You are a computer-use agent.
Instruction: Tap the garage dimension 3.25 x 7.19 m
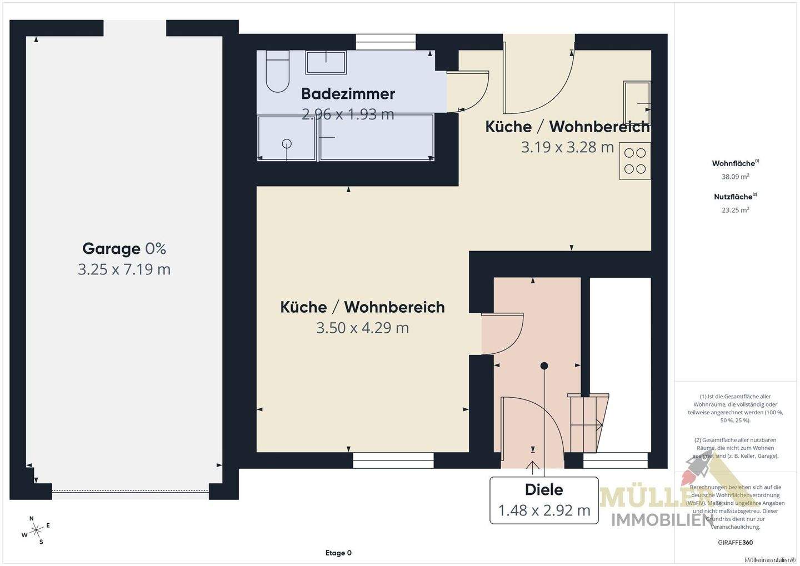pyautogui.click(x=124, y=269)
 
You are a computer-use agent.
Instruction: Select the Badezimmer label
pyautogui.click(x=348, y=93)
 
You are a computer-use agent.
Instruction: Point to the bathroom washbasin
pyautogui.click(x=326, y=63)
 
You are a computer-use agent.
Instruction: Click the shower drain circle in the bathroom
pyautogui.click(x=287, y=143)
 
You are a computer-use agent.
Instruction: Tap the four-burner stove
pyautogui.click(x=635, y=161)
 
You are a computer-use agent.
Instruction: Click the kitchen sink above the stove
pyautogui.click(x=637, y=103)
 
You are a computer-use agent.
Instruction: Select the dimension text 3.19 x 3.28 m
pyautogui.click(x=567, y=147)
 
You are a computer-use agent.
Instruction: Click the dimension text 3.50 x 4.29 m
pyautogui.click(x=362, y=328)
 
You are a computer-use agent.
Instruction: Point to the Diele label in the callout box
pyautogui.click(x=544, y=490)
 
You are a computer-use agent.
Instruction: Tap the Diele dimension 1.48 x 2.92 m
pyautogui.click(x=544, y=510)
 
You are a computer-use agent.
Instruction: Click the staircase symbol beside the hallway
pyautogui.click(x=588, y=422)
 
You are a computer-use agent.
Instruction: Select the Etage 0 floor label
pyautogui.click(x=338, y=553)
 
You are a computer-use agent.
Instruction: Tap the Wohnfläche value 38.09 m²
pyautogui.click(x=736, y=177)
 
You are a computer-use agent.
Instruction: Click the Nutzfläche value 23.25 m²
pyautogui.click(x=736, y=210)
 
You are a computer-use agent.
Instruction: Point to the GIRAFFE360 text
pyautogui.click(x=736, y=543)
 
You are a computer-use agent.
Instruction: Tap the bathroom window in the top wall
pyautogui.click(x=386, y=38)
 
